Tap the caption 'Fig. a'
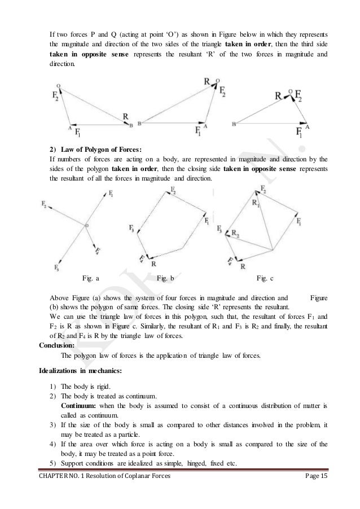[91, 278]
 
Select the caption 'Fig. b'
[165, 278]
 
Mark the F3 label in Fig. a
[56, 267]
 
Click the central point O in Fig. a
[86, 226]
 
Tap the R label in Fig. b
[154, 263]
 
